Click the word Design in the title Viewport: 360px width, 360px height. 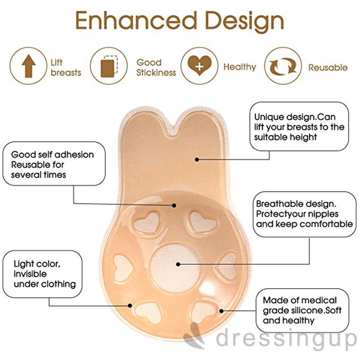(x=243, y=21)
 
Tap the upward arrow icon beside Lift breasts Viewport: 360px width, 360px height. (x=29, y=67)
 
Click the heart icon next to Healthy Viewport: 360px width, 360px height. (x=198, y=67)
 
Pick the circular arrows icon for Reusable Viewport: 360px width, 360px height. (x=283, y=67)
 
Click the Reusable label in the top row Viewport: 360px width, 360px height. (x=328, y=67)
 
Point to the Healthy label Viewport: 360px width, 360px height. (x=239, y=67)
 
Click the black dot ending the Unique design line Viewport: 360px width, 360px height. (x=198, y=159)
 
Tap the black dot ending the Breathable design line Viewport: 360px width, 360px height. (x=178, y=264)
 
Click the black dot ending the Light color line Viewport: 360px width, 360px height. (x=130, y=306)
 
